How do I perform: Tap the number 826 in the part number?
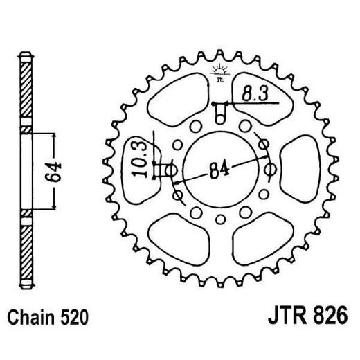click(x=312, y=320)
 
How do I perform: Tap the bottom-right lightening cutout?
click(x=258, y=239)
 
